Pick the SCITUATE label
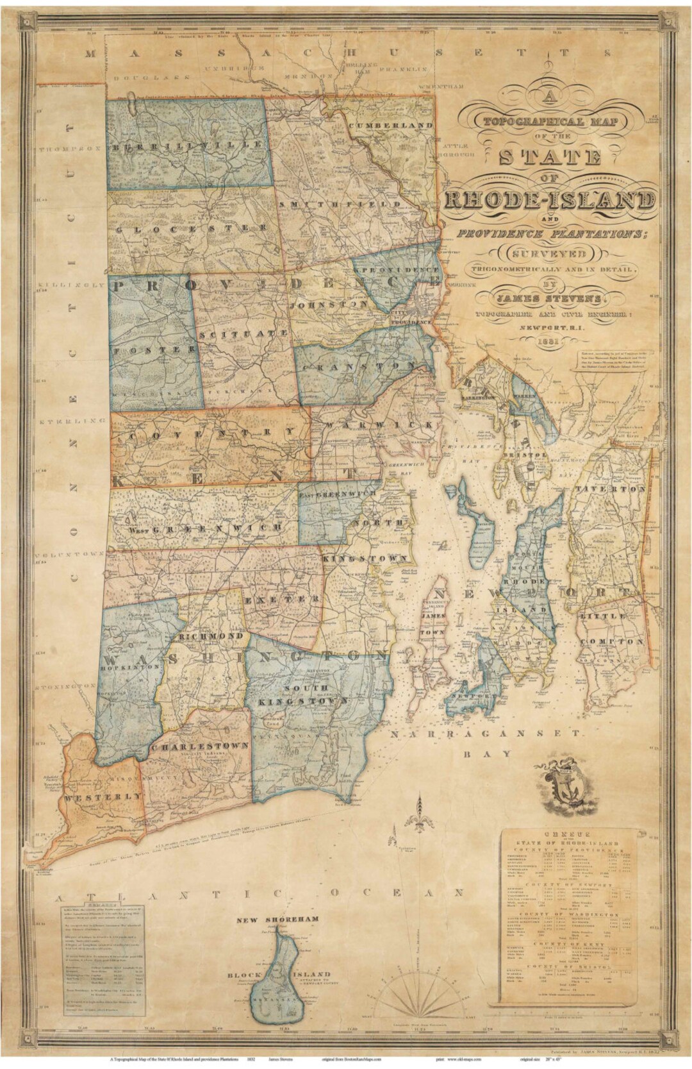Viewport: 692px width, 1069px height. (242, 334)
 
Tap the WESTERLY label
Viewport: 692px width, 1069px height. (103, 796)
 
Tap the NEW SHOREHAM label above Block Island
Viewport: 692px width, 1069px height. (277, 920)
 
